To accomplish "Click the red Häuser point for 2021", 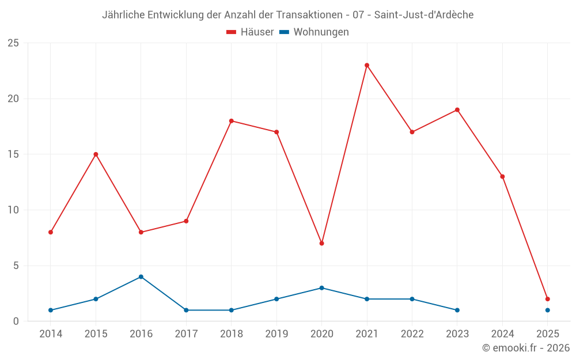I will click(367, 65).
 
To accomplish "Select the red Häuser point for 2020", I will click(321, 243).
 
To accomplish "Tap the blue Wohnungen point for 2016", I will click(141, 276).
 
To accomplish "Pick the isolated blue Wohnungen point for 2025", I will click(548, 310).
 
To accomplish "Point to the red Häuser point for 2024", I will click(502, 176).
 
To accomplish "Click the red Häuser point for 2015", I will click(96, 154).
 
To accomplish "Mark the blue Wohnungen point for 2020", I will click(321, 287).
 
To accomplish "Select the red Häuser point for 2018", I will click(232, 121).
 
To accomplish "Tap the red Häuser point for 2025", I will click(548, 299).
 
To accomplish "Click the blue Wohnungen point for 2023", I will click(457, 310).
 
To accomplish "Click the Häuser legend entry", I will click(250, 32).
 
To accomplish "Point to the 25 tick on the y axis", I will click(13, 43).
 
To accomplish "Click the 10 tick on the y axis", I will click(13, 210).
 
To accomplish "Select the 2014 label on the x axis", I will click(51, 334).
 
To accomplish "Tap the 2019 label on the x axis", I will click(276, 334).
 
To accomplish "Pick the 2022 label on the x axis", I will click(412, 334).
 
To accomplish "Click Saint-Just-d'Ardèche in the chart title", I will click(424, 15).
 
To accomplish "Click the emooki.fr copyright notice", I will click(526, 348).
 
